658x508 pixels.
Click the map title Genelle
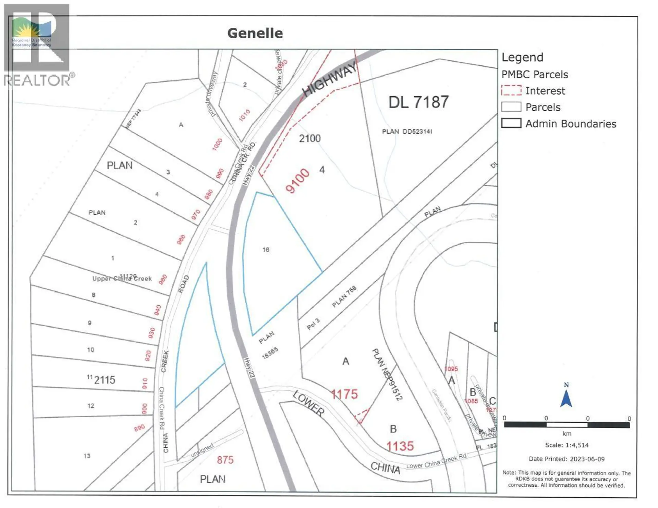click(255, 33)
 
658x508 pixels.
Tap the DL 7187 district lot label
click(418, 102)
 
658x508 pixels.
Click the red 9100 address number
click(297, 181)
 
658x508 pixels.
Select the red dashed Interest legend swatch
click(511, 90)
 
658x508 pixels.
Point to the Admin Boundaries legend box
click(511, 123)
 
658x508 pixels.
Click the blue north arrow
click(566, 398)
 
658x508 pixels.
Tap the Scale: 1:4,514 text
click(566, 445)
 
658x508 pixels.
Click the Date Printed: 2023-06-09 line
click(566, 459)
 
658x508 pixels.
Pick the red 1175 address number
click(344, 394)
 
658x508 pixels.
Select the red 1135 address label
click(400, 446)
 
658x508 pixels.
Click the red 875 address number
click(225, 460)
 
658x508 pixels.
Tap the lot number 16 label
click(266, 250)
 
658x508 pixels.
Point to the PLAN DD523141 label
click(407, 131)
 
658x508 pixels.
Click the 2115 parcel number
click(105, 380)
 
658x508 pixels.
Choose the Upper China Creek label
click(122, 278)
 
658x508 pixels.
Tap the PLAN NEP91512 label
click(387, 374)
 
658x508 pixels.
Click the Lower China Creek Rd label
click(436, 461)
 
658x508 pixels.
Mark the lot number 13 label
click(87, 456)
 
